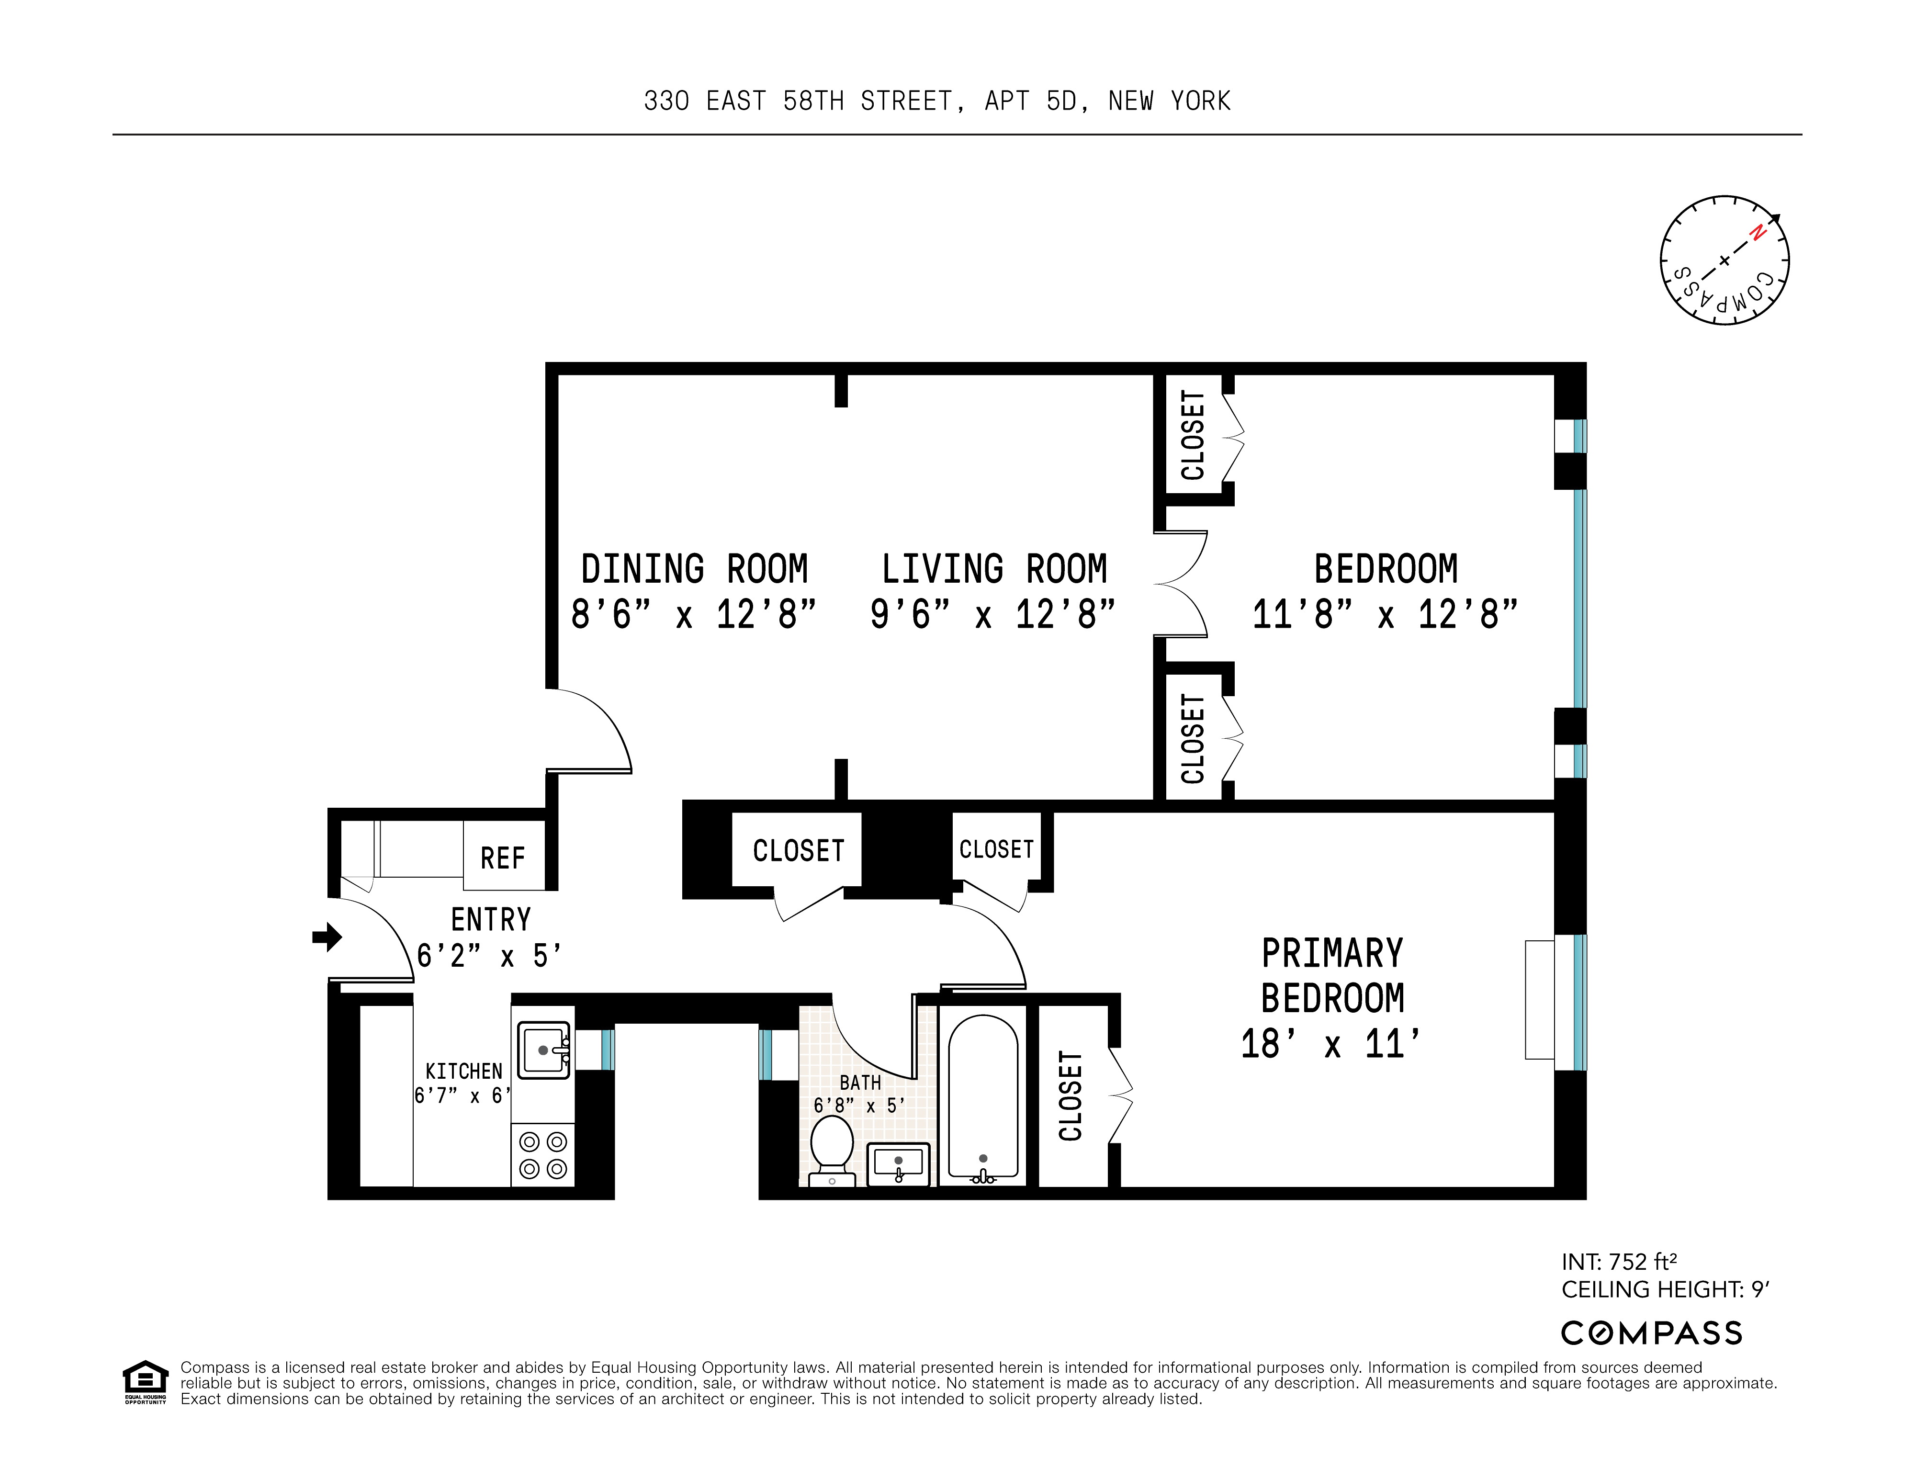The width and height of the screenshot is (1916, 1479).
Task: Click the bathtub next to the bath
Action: [x=982, y=1096]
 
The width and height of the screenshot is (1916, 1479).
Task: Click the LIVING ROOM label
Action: [x=994, y=569]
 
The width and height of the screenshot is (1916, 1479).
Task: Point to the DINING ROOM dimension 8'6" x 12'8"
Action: [x=693, y=614]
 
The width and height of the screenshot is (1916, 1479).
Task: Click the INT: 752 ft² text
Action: [x=1619, y=1262]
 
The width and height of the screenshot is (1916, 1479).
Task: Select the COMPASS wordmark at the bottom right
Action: [x=1651, y=1333]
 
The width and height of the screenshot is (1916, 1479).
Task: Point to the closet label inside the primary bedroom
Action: [x=1071, y=1095]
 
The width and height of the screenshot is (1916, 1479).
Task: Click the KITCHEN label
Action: [x=463, y=1071]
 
